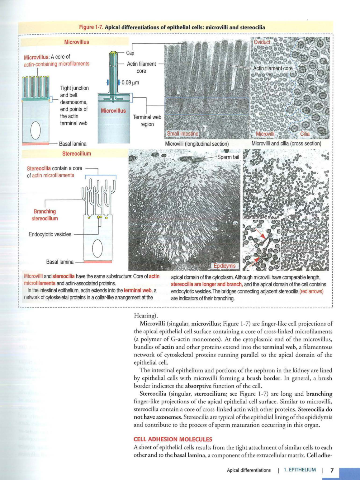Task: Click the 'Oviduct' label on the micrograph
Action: pyautogui.click(x=262, y=42)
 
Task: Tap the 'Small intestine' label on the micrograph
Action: pyautogui.click(x=182, y=134)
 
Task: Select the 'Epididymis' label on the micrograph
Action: pyautogui.click(x=225, y=266)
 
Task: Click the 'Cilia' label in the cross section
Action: pyautogui.click(x=305, y=134)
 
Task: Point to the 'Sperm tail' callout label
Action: pyautogui.click(x=228, y=157)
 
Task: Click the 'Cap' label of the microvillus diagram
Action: pyautogui.click(x=130, y=53)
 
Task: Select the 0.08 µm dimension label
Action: pyautogui.click(x=130, y=82)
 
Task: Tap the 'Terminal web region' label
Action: pyautogui.click(x=147, y=120)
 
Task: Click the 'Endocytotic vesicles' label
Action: pyautogui.click(x=50, y=234)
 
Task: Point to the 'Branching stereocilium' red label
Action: pyautogui.click(x=45, y=215)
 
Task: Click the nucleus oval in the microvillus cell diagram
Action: pyautogui.click(x=36, y=130)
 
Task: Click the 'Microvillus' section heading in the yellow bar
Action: pyautogui.click(x=77, y=42)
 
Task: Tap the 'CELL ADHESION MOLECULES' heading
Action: pyautogui.click(x=173, y=439)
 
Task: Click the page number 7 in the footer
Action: pyautogui.click(x=332, y=470)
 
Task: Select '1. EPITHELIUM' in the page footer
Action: pyautogui.click(x=300, y=470)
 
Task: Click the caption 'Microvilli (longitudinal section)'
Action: pyautogui.click(x=197, y=144)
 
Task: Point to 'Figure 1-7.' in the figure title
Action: pyautogui.click(x=91, y=27)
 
